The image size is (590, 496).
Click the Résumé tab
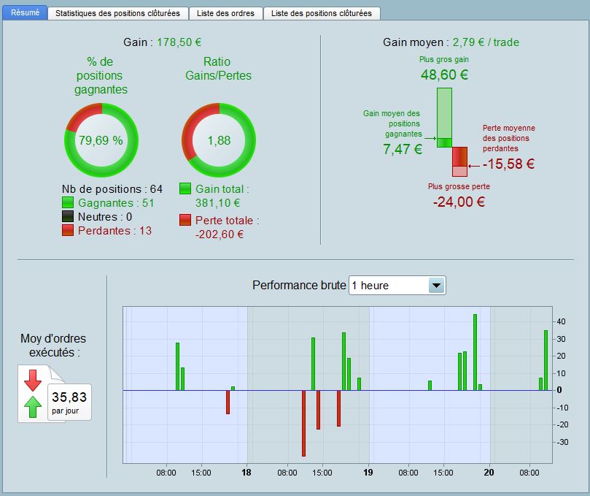click(25, 12)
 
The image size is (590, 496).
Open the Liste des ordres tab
click(225, 13)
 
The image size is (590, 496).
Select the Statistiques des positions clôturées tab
click(117, 13)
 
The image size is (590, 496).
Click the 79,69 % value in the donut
click(101, 140)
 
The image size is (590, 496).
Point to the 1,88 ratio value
click(219, 140)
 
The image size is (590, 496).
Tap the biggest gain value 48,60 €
click(444, 75)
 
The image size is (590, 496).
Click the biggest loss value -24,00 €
click(459, 202)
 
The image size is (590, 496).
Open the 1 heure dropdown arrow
click(436, 286)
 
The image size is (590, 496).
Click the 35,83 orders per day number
click(69, 397)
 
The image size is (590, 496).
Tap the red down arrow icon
click(33, 380)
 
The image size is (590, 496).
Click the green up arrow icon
click(33, 406)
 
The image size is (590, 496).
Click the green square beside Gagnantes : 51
click(68, 203)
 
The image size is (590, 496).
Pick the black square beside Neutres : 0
click(68, 217)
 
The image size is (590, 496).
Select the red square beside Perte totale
click(185, 221)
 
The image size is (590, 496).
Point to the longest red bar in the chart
click(303, 423)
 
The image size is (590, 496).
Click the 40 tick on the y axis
click(561, 321)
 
